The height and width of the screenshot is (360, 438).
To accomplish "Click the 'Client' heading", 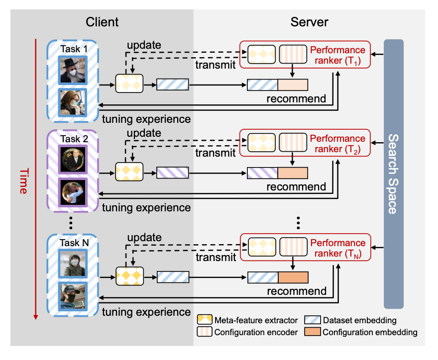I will [x=102, y=21].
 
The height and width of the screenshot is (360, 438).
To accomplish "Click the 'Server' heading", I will [x=309, y=21].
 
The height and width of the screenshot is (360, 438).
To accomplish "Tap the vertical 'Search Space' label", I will [x=393, y=174].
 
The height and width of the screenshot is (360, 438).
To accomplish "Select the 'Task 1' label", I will [x=74, y=49].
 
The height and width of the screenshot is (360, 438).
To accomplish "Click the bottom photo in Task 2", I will [x=72, y=191].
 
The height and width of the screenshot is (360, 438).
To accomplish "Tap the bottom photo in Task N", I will [x=72, y=296].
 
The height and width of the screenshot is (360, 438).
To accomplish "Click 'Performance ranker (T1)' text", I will [x=337, y=56].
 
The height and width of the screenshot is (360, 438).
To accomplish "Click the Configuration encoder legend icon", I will [x=204, y=332].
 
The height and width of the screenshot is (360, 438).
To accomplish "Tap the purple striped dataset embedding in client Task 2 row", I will [x=173, y=173].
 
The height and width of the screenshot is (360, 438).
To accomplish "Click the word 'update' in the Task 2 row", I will [x=144, y=133].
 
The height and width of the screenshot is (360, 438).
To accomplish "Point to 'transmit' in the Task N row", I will [x=215, y=258].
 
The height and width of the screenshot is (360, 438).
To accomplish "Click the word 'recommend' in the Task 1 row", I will [x=296, y=98].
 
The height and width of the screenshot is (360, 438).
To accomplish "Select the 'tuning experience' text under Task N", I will [x=146, y=312].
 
